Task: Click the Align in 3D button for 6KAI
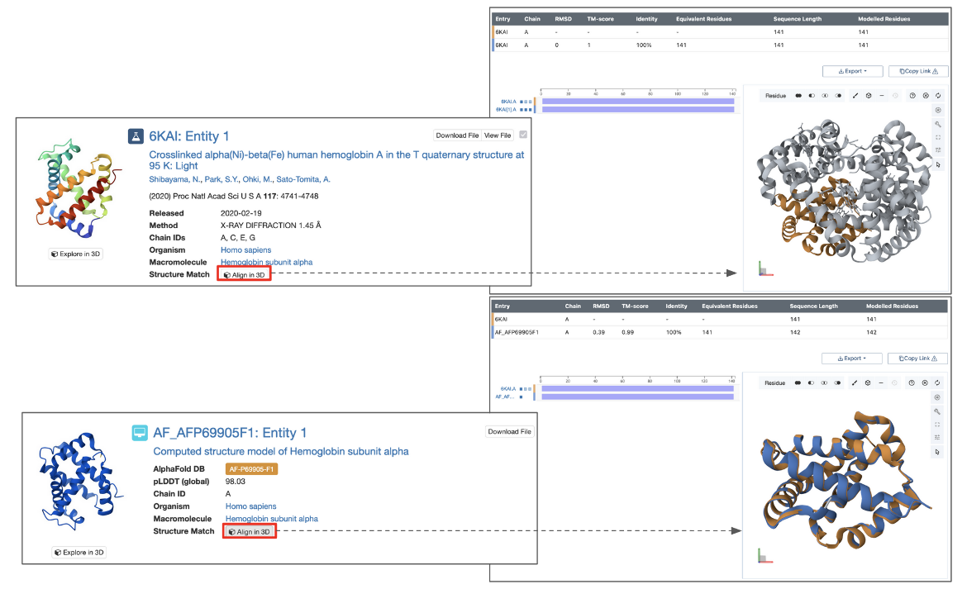245,274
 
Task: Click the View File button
498,135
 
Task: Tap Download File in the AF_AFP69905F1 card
510,431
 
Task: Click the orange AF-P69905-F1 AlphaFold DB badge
252,468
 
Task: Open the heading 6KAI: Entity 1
189,135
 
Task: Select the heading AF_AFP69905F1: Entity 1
230,432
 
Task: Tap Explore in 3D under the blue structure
79,552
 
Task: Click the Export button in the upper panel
852,71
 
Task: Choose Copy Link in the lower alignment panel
917,359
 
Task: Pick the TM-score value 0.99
628,331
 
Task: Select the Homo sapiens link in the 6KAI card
245,249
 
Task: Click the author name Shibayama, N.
176,179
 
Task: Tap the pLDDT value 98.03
236,481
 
